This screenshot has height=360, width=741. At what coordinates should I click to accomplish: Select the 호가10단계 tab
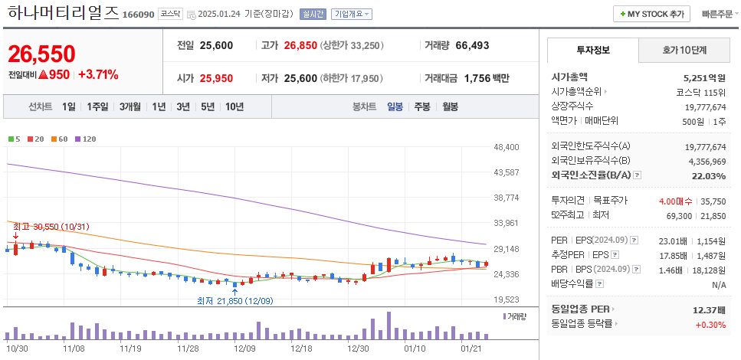coord(684,50)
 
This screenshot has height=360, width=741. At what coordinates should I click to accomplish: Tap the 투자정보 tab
coord(592,50)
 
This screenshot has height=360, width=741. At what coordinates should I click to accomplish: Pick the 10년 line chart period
coord(234,106)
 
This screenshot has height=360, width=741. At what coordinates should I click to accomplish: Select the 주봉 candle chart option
coord(421,106)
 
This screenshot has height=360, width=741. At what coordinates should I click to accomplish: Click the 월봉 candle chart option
coord(450,106)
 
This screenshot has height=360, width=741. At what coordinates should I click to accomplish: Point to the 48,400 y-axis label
coord(507,147)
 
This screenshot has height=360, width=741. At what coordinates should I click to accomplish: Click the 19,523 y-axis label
coord(507,299)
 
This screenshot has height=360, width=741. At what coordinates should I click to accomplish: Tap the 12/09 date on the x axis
coord(244,348)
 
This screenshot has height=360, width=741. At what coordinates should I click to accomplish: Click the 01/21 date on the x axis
coord(470,348)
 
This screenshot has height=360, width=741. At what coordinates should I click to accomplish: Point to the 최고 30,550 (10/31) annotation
coord(51,227)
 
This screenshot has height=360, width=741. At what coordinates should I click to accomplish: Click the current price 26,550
coord(41,54)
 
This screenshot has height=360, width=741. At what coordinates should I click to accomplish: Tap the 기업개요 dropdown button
coord(352,14)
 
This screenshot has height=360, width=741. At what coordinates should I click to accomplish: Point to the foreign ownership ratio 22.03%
coord(708,175)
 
